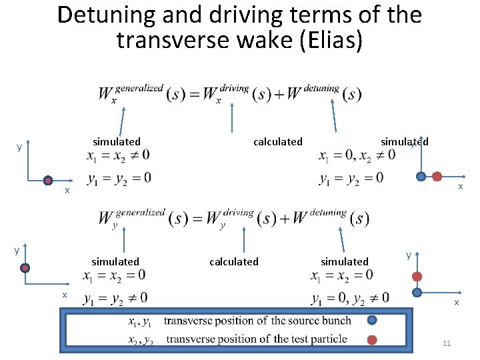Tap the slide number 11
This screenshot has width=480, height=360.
click(x=446, y=343)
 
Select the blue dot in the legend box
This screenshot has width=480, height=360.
click(x=372, y=321)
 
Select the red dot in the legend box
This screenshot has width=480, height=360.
click(x=372, y=339)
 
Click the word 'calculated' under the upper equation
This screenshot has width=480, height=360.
click(x=277, y=141)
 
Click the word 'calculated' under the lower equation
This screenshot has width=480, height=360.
click(x=233, y=261)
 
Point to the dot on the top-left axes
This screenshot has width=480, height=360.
click(x=48, y=180)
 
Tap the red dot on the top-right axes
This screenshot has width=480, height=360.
click(x=437, y=177)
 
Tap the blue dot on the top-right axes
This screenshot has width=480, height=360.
click(x=421, y=177)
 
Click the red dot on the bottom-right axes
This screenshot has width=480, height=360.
click(x=417, y=277)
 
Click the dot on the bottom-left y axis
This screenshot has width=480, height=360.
click(x=25, y=268)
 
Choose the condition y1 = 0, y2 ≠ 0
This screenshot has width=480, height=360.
click(x=349, y=297)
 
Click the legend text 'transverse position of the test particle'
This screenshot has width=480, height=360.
click(x=257, y=339)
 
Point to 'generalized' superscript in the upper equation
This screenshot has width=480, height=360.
click(x=139, y=88)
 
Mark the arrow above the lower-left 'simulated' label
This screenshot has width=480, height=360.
click(x=118, y=241)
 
